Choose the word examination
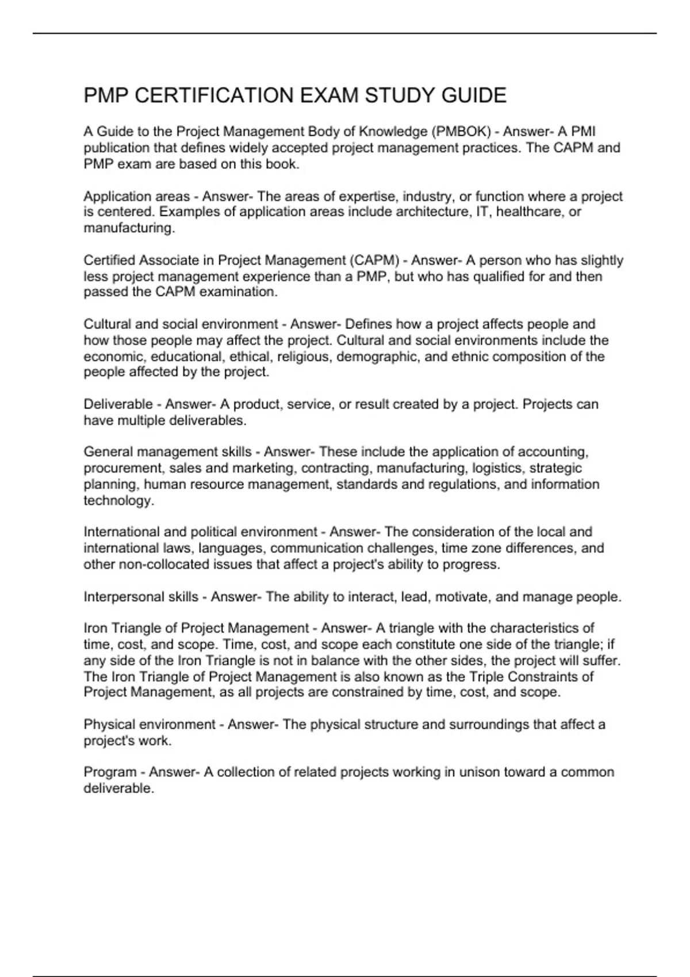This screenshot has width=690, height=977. tap(238, 292)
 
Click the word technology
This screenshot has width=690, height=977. tap(118, 500)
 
